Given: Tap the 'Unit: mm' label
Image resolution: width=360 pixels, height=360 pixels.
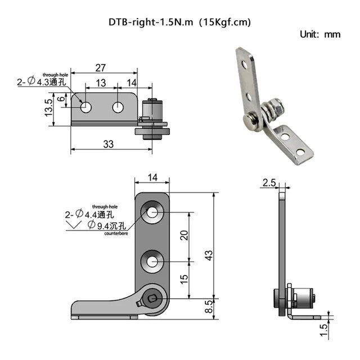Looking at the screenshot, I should [321, 34].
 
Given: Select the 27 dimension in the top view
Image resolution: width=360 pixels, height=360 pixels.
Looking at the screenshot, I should [100, 68].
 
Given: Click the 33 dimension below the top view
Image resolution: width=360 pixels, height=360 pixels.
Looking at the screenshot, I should [109, 144].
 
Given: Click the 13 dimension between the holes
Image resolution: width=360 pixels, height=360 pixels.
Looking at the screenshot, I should [101, 83].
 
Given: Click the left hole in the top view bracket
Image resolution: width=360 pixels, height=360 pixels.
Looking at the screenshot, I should [85, 106].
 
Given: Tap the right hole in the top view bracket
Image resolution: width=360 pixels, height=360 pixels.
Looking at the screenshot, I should [118, 106].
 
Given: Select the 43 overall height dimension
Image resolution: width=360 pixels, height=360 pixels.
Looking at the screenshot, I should [209, 255].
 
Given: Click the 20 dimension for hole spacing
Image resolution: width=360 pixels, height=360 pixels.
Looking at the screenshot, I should [183, 236].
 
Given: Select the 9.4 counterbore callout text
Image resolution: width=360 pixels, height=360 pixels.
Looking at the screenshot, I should [101, 226].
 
